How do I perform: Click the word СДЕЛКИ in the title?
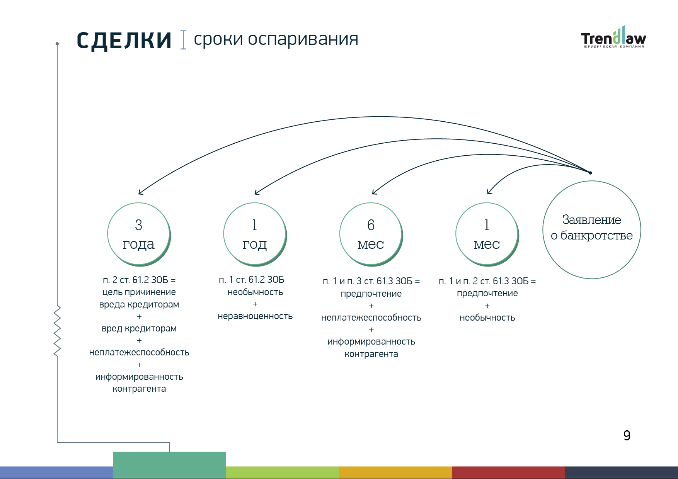124,41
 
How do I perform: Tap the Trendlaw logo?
613,37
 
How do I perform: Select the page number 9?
627,435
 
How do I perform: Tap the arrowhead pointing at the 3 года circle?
141,192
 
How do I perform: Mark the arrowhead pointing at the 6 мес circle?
374,192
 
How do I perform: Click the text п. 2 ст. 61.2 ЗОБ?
136,280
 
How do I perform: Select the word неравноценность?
255,316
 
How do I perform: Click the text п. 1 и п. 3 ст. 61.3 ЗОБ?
368,281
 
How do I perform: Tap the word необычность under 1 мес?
487,318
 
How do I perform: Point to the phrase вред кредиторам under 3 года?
139,328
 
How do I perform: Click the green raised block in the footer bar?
169,465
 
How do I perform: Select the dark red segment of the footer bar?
508,472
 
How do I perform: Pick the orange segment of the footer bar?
395,472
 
